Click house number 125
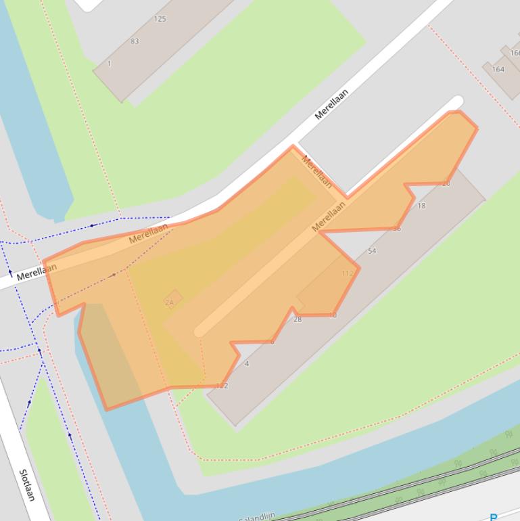click(x=160, y=19)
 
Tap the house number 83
click(x=135, y=41)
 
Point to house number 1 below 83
click(x=110, y=64)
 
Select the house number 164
click(x=498, y=69)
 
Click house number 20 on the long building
click(x=446, y=183)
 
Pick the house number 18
click(x=422, y=206)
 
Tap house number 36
click(x=397, y=229)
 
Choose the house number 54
click(x=372, y=251)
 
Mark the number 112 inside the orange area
click(x=348, y=273)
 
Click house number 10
click(x=333, y=315)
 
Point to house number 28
click(x=298, y=319)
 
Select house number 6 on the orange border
click(x=273, y=342)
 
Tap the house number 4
click(x=247, y=364)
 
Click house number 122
click(x=222, y=386)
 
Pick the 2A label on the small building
click(x=169, y=302)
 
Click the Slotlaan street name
click(x=27, y=484)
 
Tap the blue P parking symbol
click(x=493, y=517)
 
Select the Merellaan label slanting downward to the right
click(x=316, y=171)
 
